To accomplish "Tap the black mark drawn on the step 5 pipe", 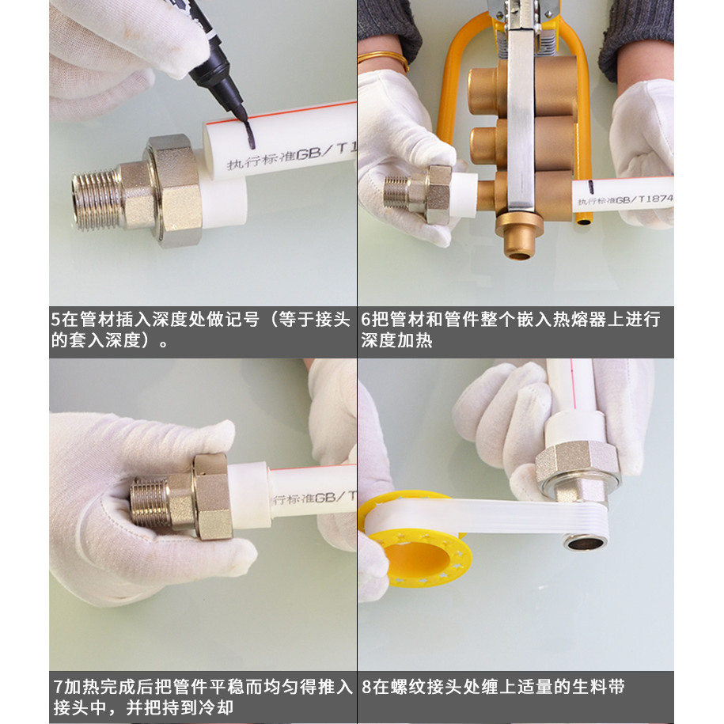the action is [250, 135].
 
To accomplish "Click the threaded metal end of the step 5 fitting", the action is [96, 200].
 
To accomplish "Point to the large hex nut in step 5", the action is [174, 190].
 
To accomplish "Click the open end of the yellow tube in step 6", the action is [584, 222].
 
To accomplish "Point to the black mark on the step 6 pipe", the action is [590, 187].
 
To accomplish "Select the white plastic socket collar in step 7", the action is [249, 495].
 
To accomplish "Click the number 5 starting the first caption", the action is [56, 320].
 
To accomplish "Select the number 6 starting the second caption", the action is [366, 320].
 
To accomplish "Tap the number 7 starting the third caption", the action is [58, 687].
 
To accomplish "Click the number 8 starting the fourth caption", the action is [366, 687].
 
